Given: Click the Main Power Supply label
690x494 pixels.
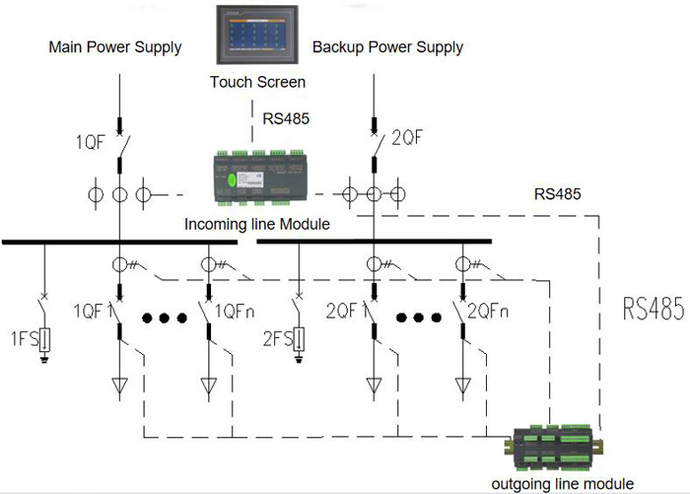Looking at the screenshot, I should point(115,47).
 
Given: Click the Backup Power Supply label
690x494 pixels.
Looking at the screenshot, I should point(387,47).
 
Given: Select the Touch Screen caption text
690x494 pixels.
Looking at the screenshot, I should point(257,82).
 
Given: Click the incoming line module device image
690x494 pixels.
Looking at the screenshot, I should point(257,175).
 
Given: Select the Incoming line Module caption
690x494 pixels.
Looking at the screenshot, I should point(257,225).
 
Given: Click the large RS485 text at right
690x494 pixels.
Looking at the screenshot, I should point(653,310).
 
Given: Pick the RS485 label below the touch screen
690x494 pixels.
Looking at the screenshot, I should point(287,119).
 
